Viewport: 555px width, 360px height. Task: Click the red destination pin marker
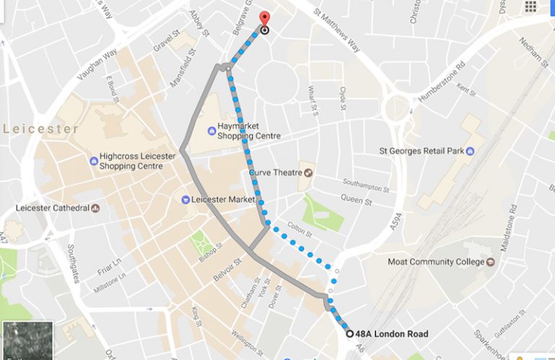coord(264,19)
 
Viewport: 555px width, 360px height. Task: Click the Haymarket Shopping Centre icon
coord(211,131)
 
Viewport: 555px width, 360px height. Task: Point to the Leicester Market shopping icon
coord(186,199)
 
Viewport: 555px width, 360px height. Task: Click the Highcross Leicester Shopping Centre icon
coord(93,160)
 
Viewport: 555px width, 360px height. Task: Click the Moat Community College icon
coord(491,262)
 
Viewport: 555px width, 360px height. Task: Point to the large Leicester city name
coord(40,129)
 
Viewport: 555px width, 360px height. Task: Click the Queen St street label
coord(356,199)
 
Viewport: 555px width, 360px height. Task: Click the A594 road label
coord(395,216)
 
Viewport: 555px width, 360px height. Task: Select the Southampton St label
coord(366,184)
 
